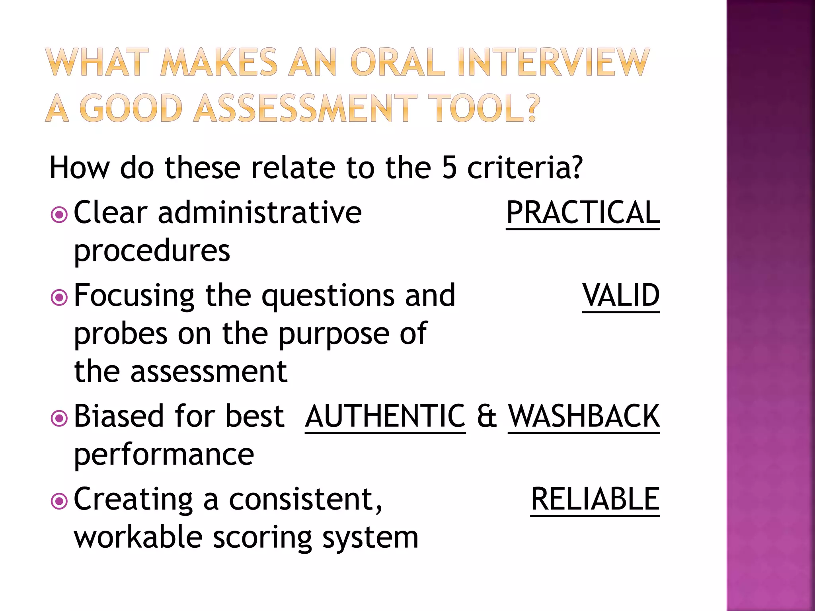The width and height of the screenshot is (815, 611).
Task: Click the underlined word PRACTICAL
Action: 583,213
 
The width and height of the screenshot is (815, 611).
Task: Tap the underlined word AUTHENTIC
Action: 385,416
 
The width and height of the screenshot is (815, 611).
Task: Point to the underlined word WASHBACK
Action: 584,416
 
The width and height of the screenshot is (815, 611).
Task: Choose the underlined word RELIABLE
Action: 595,499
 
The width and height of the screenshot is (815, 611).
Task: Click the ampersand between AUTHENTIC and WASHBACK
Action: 487,416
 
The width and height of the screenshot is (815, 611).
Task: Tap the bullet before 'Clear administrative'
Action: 59,215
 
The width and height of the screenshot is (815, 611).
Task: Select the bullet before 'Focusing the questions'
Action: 59,298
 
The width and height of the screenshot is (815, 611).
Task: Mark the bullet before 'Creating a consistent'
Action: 59,501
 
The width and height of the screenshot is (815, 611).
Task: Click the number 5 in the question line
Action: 449,167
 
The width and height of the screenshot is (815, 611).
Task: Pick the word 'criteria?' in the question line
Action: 525,167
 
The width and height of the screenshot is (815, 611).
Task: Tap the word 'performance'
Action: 164,454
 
